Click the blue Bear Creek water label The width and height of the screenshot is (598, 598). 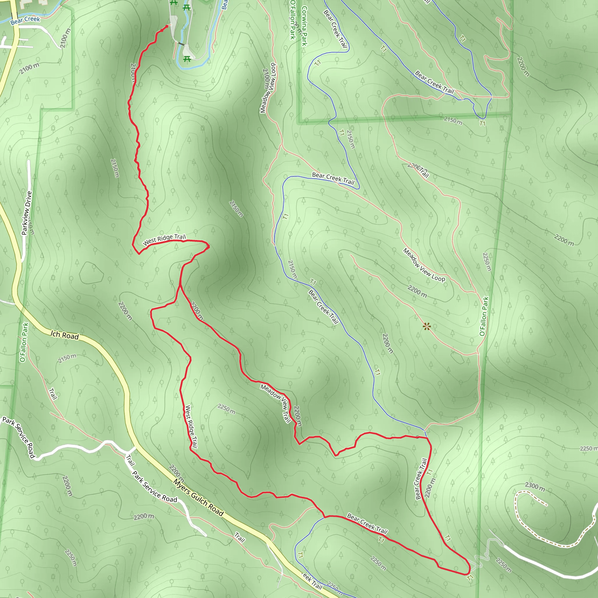(25, 20)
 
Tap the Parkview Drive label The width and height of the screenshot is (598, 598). (27, 213)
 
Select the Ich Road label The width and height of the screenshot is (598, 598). (65, 335)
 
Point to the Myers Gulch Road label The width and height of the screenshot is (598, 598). (198, 498)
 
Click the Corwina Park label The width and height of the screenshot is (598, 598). (304, 26)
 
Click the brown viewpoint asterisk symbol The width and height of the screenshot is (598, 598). (427, 326)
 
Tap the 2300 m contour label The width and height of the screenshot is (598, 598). (535, 486)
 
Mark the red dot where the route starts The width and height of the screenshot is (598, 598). (167, 27)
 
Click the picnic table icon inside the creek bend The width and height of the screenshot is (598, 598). (187, 59)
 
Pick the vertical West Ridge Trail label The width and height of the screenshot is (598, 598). (191, 427)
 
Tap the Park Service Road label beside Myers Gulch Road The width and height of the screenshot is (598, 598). (155, 487)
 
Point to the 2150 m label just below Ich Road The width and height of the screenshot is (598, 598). (67, 359)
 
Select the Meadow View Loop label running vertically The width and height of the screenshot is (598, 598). (268, 88)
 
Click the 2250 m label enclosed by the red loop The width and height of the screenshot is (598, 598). (226, 409)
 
